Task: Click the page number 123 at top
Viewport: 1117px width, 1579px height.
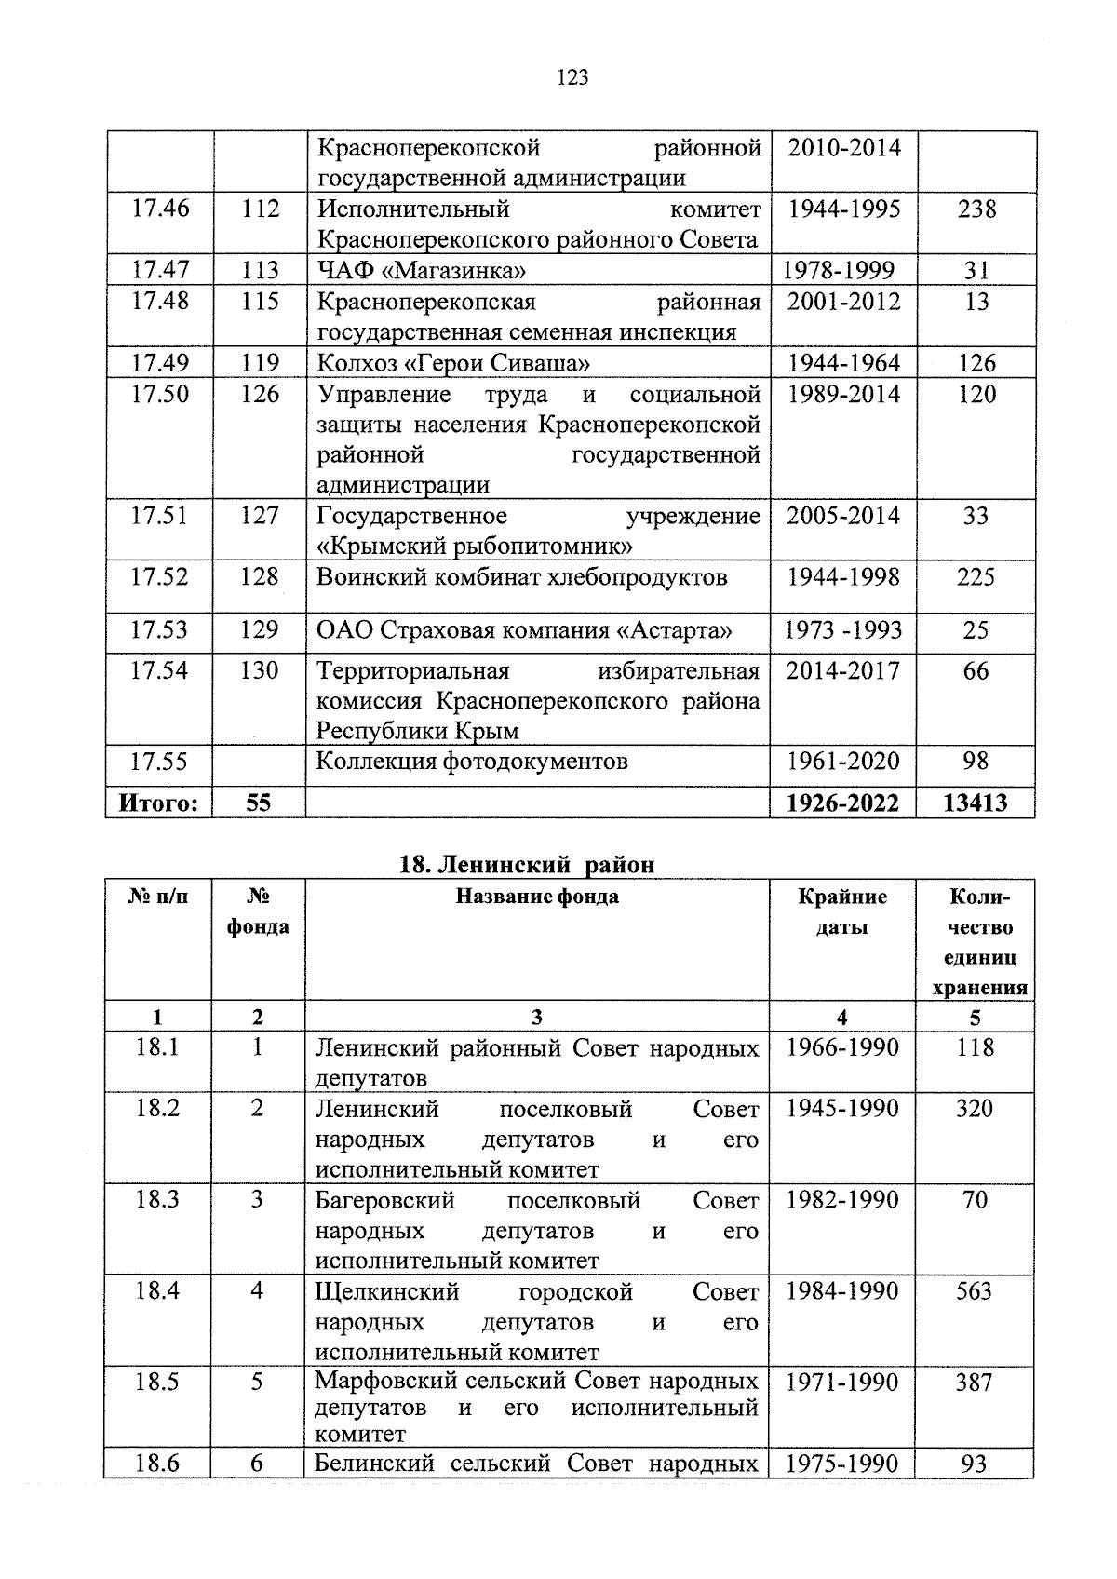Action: coord(572,78)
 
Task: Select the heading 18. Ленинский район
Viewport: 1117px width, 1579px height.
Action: coord(526,864)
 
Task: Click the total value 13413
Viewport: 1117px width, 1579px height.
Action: coord(975,803)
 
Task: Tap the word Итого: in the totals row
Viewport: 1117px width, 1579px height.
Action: coord(158,803)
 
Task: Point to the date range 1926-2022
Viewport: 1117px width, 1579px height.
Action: coord(842,803)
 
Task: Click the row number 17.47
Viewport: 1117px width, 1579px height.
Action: coord(159,270)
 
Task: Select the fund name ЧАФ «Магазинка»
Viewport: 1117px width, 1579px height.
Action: coord(421,271)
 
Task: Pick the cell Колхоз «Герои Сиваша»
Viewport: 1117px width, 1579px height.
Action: coord(452,363)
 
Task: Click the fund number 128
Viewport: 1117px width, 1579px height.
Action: coord(259,577)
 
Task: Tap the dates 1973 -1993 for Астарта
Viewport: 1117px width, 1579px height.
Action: coord(842,630)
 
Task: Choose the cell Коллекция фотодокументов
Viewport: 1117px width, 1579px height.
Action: coord(472,762)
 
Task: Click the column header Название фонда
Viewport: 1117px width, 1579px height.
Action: coord(537,897)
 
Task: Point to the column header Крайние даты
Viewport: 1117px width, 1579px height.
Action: coord(842,911)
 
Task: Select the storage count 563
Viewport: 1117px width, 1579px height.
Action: coord(975,1290)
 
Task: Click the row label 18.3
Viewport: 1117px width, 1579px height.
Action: coord(156,1199)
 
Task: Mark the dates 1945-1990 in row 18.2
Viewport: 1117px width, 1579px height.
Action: coord(842,1108)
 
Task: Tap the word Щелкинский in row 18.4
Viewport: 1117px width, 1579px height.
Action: coord(387,1291)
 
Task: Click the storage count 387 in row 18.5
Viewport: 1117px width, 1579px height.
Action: coord(975,1382)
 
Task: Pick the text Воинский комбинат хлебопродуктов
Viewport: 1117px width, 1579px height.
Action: coord(521,577)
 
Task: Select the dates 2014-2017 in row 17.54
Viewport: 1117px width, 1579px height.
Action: coord(842,670)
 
